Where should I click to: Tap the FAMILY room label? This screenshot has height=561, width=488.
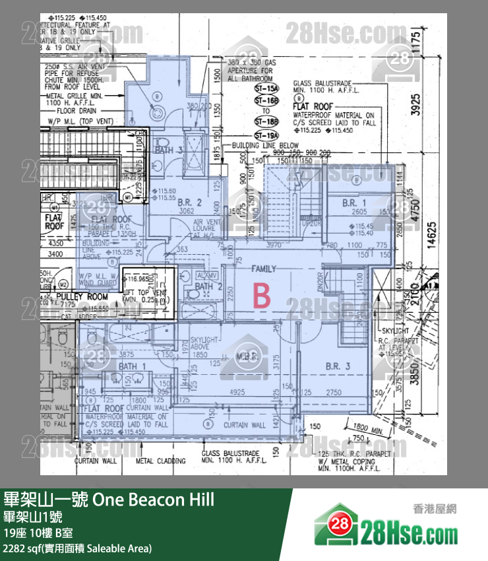point(263,269)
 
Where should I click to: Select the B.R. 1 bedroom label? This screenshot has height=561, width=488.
point(354,203)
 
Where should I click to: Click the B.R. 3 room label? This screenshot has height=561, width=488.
point(337,366)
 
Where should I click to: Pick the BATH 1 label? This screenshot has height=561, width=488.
point(128,366)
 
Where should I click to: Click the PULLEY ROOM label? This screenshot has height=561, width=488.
point(82,296)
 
